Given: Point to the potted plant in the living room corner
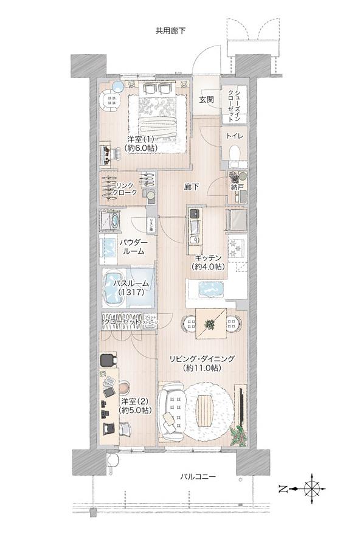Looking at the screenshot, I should coord(240,436).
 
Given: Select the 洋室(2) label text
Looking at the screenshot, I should coord(132,406).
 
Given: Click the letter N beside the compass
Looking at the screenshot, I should coord(283,488).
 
